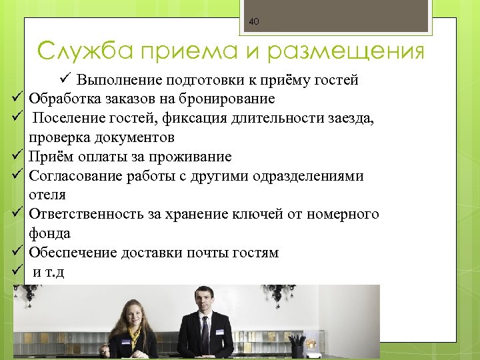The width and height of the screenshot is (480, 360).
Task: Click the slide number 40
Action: pos(254,22)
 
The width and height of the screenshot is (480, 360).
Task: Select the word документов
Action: pos(136,138)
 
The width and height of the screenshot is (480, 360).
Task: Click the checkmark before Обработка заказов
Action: pos(18,99)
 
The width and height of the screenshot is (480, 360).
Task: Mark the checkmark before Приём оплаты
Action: pos(18,157)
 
